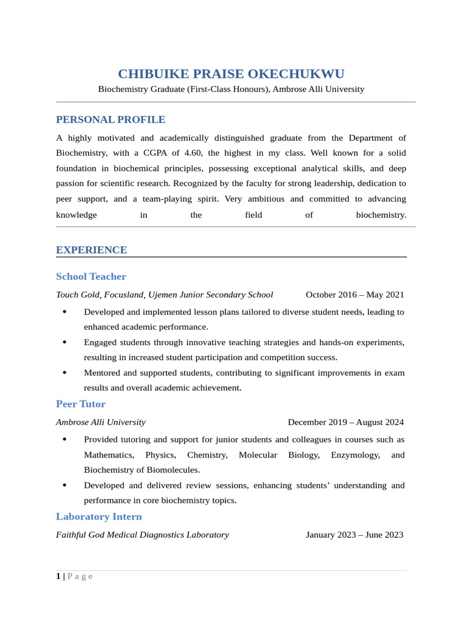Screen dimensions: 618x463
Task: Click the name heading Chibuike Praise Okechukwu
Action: coord(231,74)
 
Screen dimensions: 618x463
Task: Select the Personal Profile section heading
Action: coord(110,119)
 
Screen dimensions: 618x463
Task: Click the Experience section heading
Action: coord(91,250)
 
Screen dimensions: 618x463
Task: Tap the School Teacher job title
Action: coord(91,276)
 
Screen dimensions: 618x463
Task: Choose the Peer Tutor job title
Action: coord(81,404)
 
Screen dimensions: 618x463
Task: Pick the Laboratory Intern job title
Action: coord(99,517)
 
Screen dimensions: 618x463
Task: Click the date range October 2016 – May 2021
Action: coord(354,295)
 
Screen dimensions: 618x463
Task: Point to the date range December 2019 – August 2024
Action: coord(345,422)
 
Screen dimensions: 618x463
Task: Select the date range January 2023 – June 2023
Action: coord(354,535)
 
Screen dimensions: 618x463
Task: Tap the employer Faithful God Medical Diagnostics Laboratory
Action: coord(142,535)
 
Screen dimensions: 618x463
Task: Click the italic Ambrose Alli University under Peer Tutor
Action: coord(101,422)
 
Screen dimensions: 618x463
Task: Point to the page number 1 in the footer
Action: coord(58,576)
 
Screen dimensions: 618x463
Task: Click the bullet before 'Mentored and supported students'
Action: coord(65,373)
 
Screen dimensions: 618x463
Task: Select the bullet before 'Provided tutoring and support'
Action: coord(65,439)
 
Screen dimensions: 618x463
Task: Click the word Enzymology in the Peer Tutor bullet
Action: coord(355,455)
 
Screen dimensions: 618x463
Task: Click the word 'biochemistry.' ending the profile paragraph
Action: coord(381,215)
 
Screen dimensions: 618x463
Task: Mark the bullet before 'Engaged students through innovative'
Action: coord(65,342)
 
